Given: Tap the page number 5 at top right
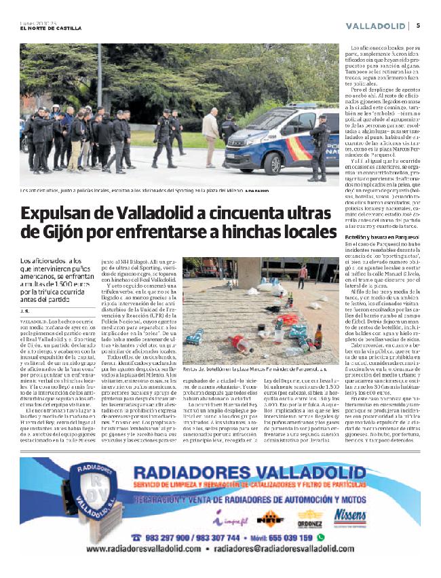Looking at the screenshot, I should pos(418,26).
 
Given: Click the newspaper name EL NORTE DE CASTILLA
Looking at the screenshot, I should pos(51,28).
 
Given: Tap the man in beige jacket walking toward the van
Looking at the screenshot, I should pos(210,132).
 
